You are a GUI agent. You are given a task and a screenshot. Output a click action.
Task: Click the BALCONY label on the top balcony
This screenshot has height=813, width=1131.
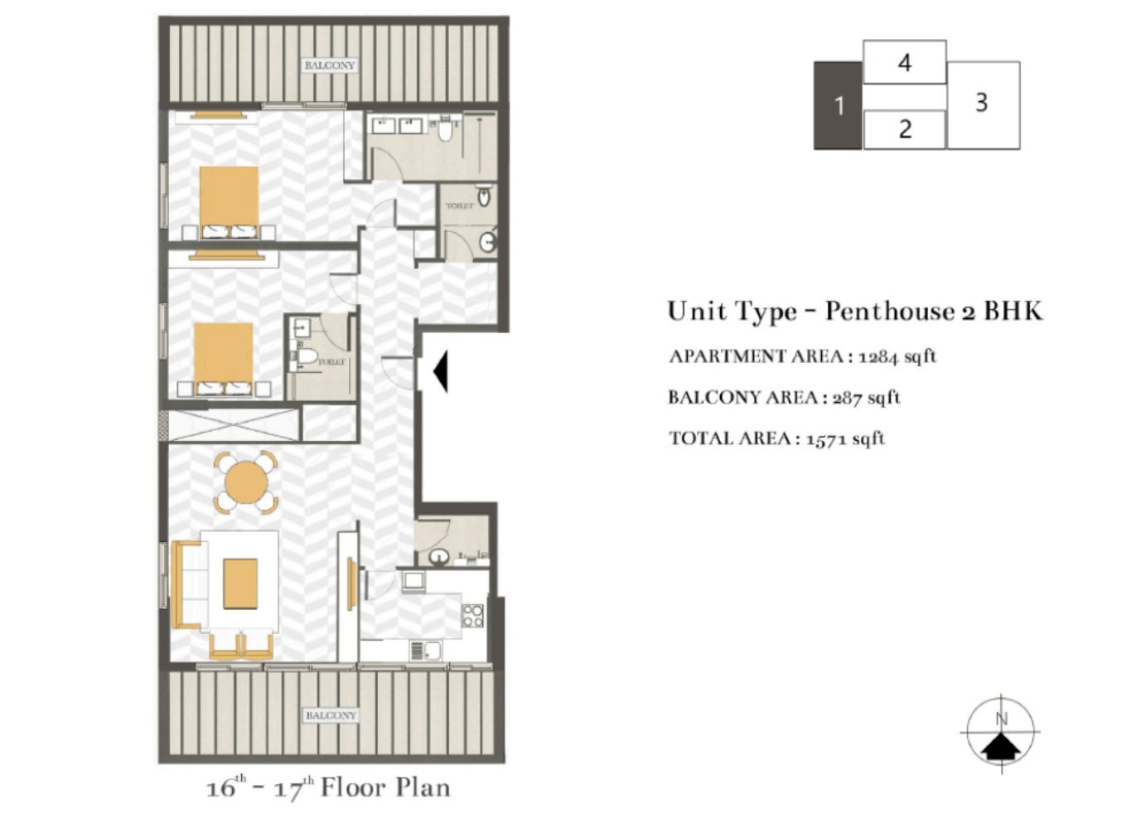click(x=329, y=65)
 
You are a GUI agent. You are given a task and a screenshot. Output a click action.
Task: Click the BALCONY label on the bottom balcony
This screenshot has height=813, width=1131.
click(x=331, y=715)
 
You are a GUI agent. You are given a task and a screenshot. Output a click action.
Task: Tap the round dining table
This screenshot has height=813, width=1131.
click(x=245, y=482)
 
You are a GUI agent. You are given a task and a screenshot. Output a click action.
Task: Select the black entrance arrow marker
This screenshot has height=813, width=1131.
click(x=441, y=370)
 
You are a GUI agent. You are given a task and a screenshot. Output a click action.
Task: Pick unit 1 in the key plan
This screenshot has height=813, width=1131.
click(x=839, y=106)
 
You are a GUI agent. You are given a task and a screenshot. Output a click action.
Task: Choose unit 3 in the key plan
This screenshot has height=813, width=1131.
click(x=983, y=104)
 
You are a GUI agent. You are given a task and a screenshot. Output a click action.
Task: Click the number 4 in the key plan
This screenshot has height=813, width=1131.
click(x=905, y=62)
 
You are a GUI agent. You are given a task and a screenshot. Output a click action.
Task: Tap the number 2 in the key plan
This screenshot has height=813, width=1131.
click(x=905, y=129)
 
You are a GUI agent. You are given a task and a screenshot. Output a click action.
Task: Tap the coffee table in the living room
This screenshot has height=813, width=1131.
click(x=240, y=583)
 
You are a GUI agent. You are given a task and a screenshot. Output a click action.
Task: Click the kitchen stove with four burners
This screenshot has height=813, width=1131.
click(x=473, y=616)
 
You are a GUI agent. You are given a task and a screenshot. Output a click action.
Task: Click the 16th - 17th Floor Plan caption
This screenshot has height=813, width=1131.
click(x=328, y=787)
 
